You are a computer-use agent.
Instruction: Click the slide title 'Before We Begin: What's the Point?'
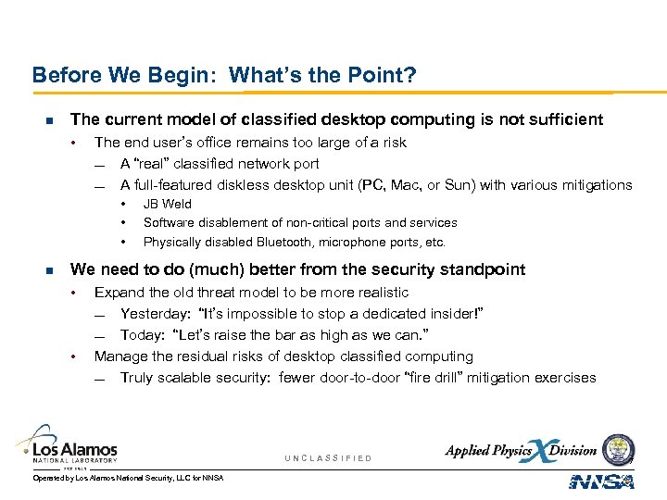tap(223, 74)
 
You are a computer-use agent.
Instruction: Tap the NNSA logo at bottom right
tap(601, 481)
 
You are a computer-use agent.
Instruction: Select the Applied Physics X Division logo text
tap(521, 451)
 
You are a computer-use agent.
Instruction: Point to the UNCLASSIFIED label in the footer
tap(328, 458)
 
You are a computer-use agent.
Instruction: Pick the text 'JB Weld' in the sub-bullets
tap(168, 204)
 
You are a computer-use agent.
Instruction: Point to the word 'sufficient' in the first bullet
tap(564, 119)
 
